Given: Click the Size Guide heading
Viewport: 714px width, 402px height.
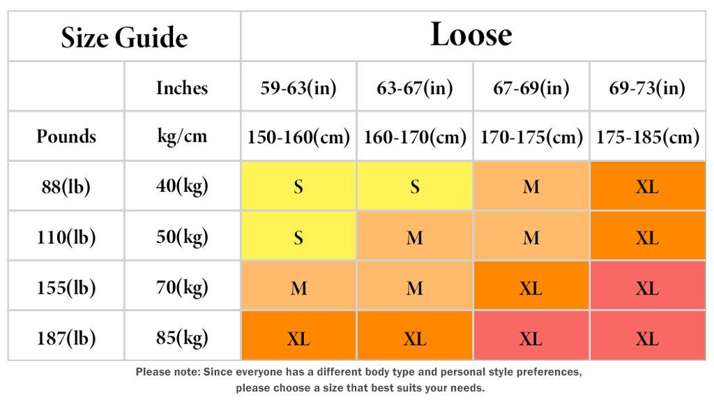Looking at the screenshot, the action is coord(124,38).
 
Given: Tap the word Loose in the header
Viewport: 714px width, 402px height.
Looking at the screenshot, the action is coord(471,34).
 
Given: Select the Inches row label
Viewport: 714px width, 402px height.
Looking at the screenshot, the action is coord(182,87).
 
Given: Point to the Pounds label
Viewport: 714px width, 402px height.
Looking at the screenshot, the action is coord(66,136).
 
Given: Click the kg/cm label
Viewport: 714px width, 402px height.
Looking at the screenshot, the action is coord(182,136).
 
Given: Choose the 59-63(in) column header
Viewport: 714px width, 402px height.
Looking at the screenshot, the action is coord(298,87).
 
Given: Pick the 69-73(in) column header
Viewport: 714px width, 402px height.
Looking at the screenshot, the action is coord(647,87).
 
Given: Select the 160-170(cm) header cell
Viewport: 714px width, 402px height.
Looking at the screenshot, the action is coord(415,137).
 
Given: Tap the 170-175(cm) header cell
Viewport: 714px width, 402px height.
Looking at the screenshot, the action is coord(531,137).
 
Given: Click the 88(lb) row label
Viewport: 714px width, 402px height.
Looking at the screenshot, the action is coord(66,186).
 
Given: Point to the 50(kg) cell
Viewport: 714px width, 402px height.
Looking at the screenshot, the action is coord(182,237).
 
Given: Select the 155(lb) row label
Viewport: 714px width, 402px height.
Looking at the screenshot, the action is coord(66,288).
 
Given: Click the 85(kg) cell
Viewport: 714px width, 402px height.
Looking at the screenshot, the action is coord(182,338).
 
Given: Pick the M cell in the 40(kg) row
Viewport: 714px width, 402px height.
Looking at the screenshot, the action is coord(531,186).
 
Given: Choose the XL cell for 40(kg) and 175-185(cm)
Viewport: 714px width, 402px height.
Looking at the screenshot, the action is coord(648,186).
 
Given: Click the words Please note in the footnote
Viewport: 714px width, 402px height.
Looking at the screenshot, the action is coord(168,372).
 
